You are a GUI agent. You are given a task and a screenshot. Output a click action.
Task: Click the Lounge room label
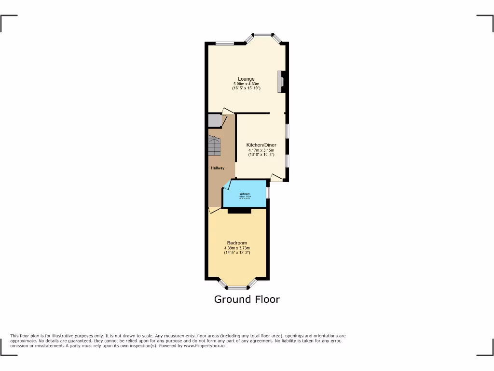(246, 79)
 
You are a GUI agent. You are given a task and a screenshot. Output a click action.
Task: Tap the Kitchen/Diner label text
(261, 145)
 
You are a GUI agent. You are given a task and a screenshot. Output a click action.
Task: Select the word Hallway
(217, 168)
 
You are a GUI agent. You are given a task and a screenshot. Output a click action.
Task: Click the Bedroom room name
(237, 243)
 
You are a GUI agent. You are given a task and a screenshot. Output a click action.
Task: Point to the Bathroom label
(244, 194)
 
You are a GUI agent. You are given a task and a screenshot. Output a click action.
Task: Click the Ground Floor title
(247, 300)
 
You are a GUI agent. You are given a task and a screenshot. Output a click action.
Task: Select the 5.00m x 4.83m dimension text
(246, 84)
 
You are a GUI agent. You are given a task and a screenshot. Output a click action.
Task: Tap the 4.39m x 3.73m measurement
(237, 248)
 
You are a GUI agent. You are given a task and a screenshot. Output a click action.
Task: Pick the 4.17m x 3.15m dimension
(261, 150)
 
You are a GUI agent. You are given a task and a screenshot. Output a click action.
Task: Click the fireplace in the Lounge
(280, 82)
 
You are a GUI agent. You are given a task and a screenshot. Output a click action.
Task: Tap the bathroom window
(268, 192)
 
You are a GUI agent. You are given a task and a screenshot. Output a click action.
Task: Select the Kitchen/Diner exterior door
(277, 178)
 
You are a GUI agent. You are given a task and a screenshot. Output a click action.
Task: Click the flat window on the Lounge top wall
(225, 44)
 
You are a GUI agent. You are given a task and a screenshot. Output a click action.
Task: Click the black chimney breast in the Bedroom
(239, 211)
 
